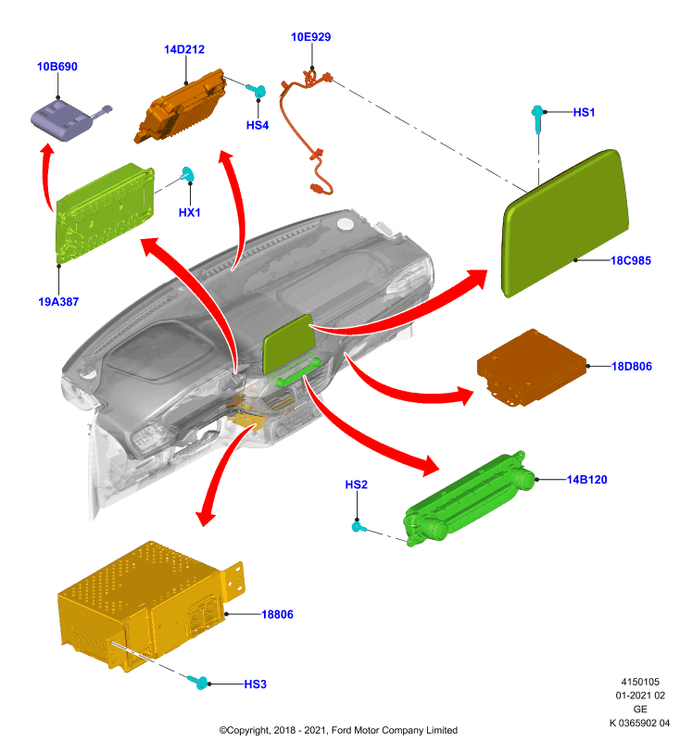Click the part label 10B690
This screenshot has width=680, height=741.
(x=57, y=67)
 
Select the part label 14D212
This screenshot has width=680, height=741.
(x=184, y=50)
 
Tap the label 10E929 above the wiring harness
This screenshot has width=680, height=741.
(x=311, y=37)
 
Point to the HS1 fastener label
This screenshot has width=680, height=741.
(x=584, y=112)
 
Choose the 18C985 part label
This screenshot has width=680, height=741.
(x=631, y=260)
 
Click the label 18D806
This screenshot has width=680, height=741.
(x=632, y=366)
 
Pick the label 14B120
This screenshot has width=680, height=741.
(x=587, y=480)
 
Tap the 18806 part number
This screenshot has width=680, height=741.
(x=277, y=614)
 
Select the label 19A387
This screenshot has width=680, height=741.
(x=58, y=302)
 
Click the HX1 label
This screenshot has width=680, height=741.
(x=190, y=213)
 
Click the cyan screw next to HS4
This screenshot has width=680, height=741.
(x=256, y=90)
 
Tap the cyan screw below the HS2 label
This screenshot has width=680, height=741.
(x=359, y=526)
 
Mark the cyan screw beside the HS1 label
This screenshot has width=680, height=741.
(x=537, y=118)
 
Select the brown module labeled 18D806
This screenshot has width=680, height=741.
(x=532, y=367)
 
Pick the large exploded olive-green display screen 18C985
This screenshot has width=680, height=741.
(x=565, y=223)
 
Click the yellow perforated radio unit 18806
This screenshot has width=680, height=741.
(x=150, y=607)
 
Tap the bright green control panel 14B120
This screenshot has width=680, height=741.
(x=470, y=498)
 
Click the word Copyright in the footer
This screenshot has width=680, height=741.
(x=247, y=730)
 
